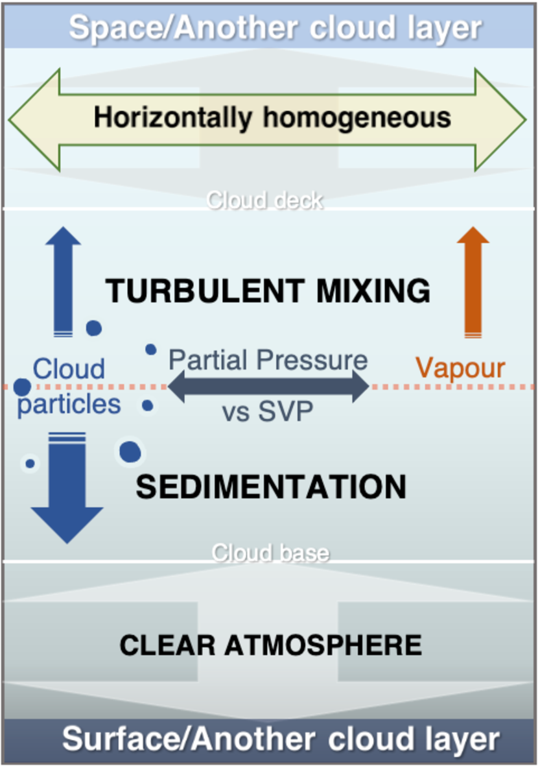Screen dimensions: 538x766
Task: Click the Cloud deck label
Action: coord(264,200)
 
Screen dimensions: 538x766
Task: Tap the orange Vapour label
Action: coord(460,368)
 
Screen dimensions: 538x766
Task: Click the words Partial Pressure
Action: coord(268,359)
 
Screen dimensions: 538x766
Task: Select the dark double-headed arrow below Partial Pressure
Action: coord(268,387)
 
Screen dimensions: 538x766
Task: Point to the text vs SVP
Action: coord(268,412)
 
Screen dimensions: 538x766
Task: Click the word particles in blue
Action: coord(69,404)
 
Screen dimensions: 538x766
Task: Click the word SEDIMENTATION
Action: coord(271,487)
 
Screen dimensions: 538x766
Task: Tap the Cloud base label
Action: coord(270,553)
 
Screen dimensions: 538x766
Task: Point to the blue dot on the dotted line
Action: coord(22,387)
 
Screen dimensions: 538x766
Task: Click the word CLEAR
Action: coord(168,645)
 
